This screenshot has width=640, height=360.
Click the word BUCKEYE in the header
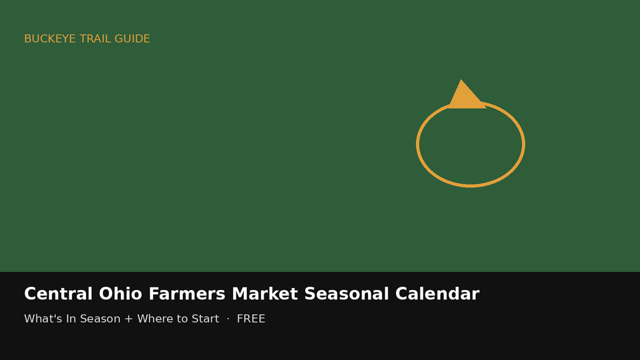pyautogui.click(x=50, y=39)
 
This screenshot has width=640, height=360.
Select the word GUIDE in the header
pyautogui.click(x=132, y=39)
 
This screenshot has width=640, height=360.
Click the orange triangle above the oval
pyautogui.click(x=467, y=94)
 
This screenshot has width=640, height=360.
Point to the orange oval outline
pyautogui.click(x=416, y=144)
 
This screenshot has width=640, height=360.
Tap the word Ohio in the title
pyautogui.click(x=120, y=294)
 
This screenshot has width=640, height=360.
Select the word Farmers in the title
pyautogui.click(x=187, y=294)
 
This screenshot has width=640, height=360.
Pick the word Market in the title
pyautogui.click(x=265, y=294)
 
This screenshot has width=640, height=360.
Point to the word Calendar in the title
pyautogui.click(x=437, y=294)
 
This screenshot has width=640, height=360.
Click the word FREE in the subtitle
pyautogui.click(x=251, y=319)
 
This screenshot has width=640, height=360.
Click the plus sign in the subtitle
pyautogui.click(x=129, y=319)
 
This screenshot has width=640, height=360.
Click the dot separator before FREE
pyautogui.click(x=228, y=319)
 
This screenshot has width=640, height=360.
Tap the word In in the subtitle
pyautogui.click(x=71, y=319)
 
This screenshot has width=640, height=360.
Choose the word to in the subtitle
pyautogui.click(x=181, y=319)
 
